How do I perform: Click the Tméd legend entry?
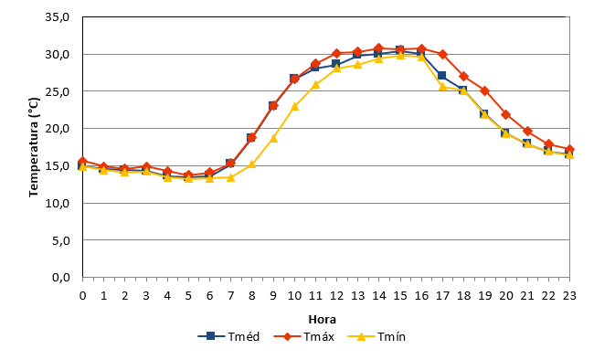[x=228, y=336]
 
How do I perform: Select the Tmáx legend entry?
[x=303, y=336]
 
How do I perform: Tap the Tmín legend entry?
[x=376, y=336]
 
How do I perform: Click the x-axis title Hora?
[x=322, y=320]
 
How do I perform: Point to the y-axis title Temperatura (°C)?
[x=34, y=147]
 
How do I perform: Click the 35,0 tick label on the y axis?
[x=58, y=17]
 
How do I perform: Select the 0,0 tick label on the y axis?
[x=61, y=277]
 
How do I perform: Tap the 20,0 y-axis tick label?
[x=58, y=129]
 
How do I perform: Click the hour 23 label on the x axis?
[x=569, y=296]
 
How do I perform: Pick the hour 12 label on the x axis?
[x=336, y=296]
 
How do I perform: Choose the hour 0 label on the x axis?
[x=83, y=296]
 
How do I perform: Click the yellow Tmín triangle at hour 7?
[x=230, y=177]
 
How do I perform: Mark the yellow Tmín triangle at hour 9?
[x=273, y=138]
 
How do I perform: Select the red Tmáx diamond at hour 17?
[x=443, y=55]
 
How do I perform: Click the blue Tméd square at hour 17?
[x=442, y=75]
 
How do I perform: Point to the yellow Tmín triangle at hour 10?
[x=294, y=106]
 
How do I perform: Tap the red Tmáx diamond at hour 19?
[x=485, y=91]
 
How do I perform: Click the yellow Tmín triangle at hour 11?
[x=316, y=84]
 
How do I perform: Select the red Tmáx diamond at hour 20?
[x=506, y=114]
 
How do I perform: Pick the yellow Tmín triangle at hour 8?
[x=252, y=164]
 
